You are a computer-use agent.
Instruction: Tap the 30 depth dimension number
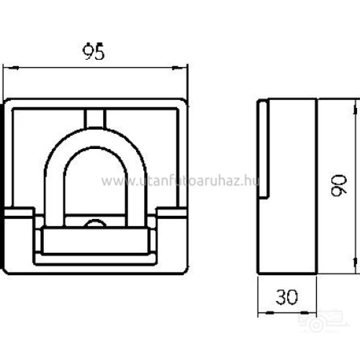coord(287,297)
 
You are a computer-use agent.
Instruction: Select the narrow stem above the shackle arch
coord(96,117)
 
